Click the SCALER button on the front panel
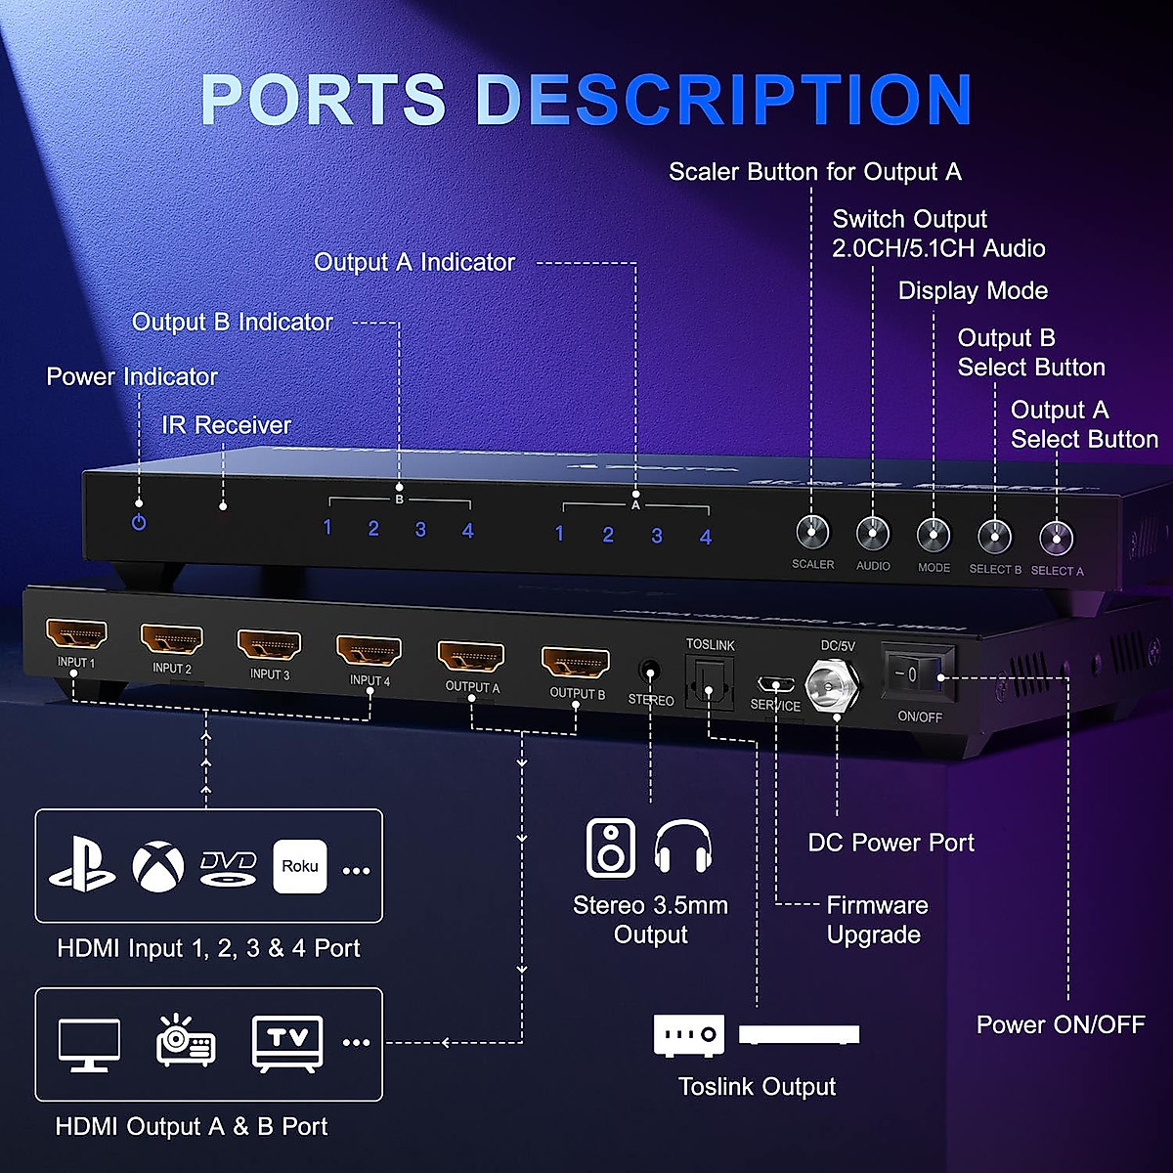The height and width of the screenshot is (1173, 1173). pyautogui.click(x=812, y=532)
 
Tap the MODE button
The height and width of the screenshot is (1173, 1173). pyautogui.click(x=934, y=535)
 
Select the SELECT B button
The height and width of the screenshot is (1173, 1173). pyautogui.click(x=995, y=536)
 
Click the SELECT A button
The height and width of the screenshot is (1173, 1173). pyautogui.click(x=1057, y=538)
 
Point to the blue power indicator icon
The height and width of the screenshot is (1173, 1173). pyautogui.click(x=139, y=522)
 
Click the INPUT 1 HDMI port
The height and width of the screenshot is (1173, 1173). pyautogui.click(x=76, y=635)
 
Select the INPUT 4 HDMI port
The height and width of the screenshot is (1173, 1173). pyautogui.click(x=369, y=650)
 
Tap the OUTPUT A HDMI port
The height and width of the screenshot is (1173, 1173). pyautogui.click(x=471, y=657)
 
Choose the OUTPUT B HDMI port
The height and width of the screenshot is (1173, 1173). pyautogui.click(x=576, y=663)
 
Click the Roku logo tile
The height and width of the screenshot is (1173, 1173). pyautogui.click(x=300, y=866)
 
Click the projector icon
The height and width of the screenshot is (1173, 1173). pyautogui.click(x=186, y=1041)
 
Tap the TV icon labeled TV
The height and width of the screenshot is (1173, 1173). pyautogui.click(x=287, y=1043)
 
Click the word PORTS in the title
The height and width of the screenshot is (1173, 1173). pyautogui.click(x=324, y=100)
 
